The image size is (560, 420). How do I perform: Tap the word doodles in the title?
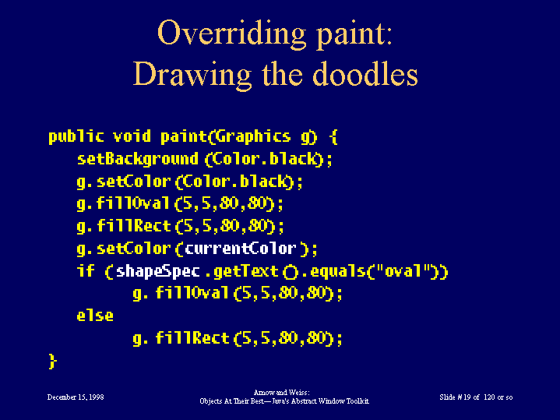[x=365, y=74]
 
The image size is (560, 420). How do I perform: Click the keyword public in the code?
[x=76, y=137]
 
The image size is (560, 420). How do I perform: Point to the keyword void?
[x=132, y=136]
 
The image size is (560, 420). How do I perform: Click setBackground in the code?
[x=138, y=160]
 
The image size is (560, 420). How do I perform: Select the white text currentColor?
[x=241, y=248]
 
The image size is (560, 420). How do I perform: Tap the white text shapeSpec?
[x=158, y=271]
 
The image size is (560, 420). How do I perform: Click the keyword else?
[x=95, y=316]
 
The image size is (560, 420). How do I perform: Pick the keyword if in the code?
[x=86, y=270]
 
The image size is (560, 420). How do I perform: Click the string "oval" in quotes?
[x=402, y=270]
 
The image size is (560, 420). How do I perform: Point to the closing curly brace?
[x=52, y=361]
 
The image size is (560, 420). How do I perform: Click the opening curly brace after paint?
[x=333, y=137]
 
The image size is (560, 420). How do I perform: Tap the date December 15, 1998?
[x=76, y=397]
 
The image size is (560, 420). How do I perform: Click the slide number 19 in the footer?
[x=467, y=397]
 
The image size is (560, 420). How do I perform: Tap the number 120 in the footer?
[x=490, y=397]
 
